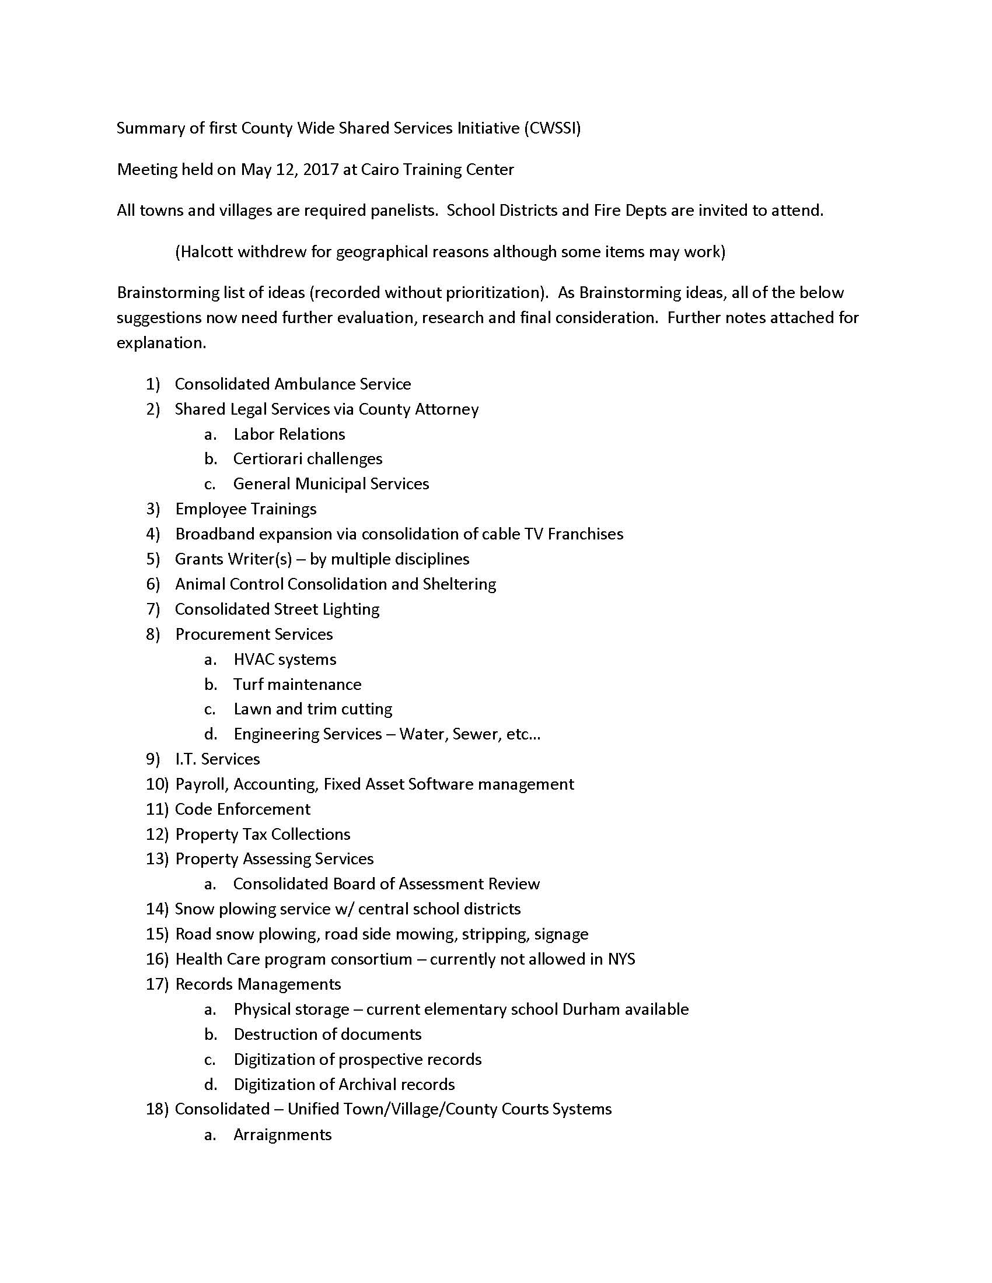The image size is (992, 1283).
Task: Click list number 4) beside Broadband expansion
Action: click(x=153, y=534)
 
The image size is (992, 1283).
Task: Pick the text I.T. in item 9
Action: click(x=186, y=759)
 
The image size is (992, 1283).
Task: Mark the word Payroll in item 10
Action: click(x=200, y=784)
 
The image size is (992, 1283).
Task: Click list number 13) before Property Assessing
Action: click(x=157, y=859)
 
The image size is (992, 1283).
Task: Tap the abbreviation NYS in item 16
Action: click(x=621, y=959)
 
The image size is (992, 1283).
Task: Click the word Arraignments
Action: click(x=282, y=1134)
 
